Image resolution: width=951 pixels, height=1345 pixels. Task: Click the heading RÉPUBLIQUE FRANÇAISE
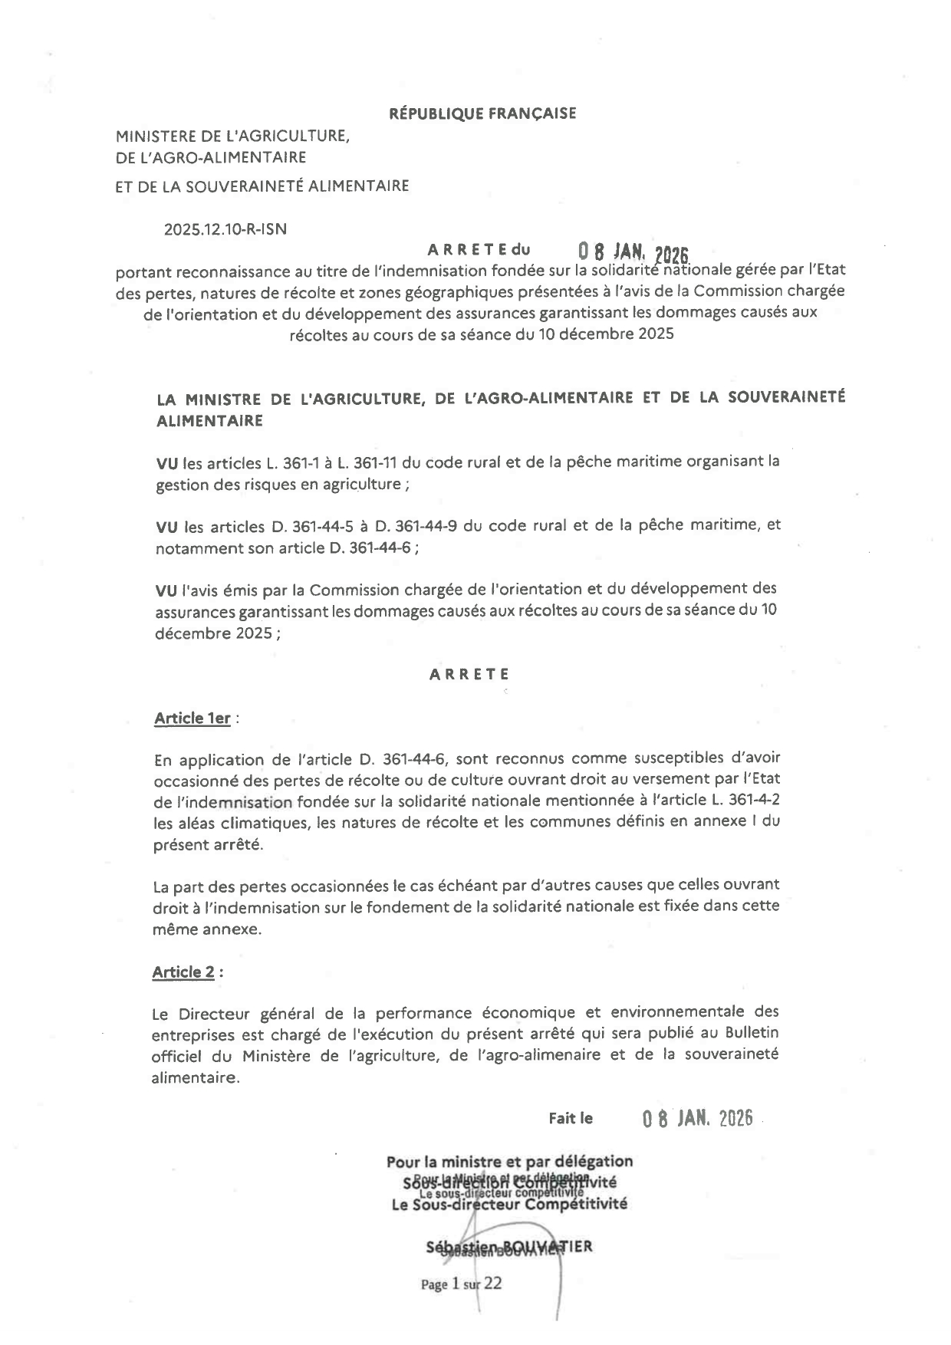(482, 113)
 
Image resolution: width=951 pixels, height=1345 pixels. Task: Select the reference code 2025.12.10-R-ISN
(225, 229)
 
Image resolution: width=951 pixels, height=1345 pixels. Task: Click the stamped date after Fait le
(696, 1118)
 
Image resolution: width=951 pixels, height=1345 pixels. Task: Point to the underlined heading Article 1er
(193, 719)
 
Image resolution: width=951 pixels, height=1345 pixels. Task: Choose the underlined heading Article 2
(183, 972)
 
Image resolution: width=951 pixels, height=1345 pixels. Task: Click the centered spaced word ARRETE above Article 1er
(469, 674)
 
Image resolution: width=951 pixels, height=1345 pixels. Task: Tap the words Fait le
(571, 1118)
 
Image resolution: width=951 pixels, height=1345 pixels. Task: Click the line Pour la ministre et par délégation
(509, 1161)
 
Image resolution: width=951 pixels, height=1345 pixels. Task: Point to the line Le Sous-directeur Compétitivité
(509, 1204)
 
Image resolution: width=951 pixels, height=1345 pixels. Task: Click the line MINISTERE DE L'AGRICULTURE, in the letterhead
(232, 136)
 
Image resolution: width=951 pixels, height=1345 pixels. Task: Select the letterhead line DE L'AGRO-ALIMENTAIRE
(210, 157)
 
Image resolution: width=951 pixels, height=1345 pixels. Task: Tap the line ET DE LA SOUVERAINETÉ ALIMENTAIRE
(262, 186)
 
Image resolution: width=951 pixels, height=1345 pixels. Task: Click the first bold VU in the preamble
(166, 462)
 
